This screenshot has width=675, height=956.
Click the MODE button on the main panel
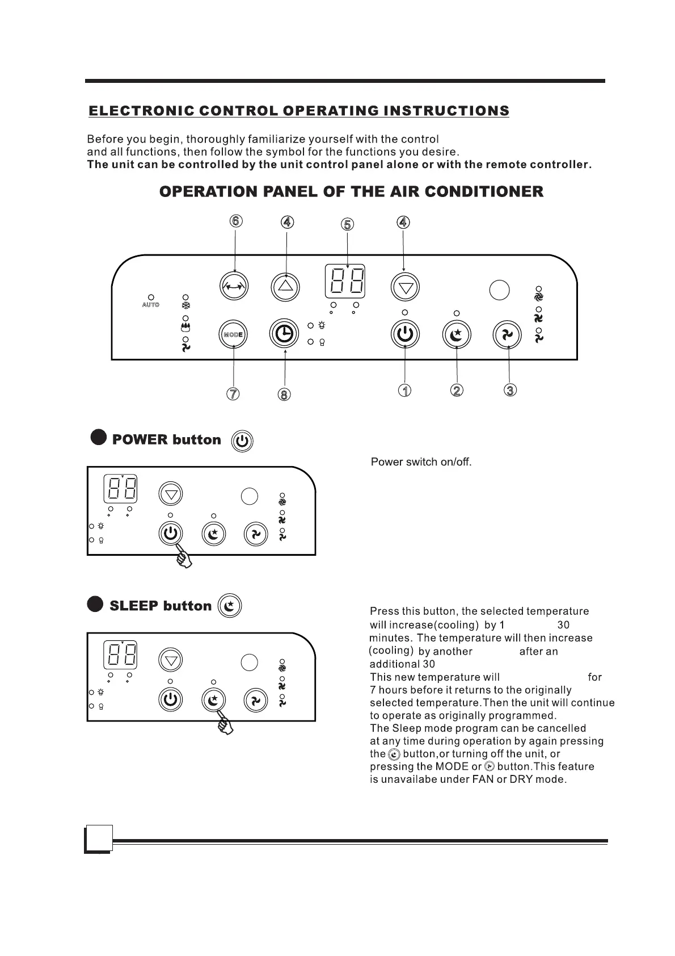pyautogui.click(x=233, y=334)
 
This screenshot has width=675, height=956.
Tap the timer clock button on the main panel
pyautogui.click(x=284, y=334)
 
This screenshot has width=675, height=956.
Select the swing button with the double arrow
pyautogui.click(x=234, y=286)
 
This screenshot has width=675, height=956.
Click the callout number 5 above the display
pyautogui.click(x=348, y=224)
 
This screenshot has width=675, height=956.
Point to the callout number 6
pyautogui.click(x=236, y=221)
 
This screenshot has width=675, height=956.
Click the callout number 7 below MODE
pyautogui.click(x=233, y=393)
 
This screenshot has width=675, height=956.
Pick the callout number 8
pyautogui.click(x=284, y=394)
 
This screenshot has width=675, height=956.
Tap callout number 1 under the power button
pyautogui.click(x=404, y=391)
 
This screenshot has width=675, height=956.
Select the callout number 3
pyautogui.click(x=510, y=390)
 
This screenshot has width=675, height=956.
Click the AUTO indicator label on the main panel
pyautogui.click(x=151, y=305)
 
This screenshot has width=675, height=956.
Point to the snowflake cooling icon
pyautogui.click(x=185, y=305)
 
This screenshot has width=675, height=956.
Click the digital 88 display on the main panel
pyautogui.click(x=345, y=281)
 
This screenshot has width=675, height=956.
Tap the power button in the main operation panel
pyautogui.click(x=405, y=334)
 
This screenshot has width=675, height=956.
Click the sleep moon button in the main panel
pyautogui.click(x=457, y=335)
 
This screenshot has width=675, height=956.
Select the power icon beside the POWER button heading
pyautogui.click(x=243, y=441)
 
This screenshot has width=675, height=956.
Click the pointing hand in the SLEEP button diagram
pyautogui.click(x=225, y=724)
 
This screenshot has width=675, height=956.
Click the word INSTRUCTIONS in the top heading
pyautogui.click(x=446, y=111)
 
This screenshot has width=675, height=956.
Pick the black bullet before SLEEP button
pyautogui.click(x=96, y=604)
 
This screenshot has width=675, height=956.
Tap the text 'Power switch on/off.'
pyautogui.click(x=421, y=462)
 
